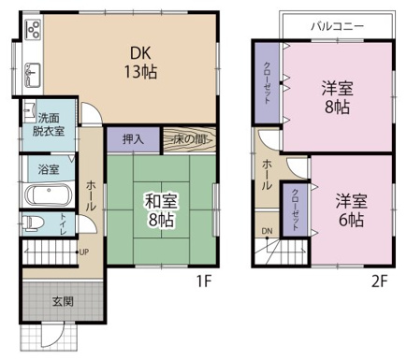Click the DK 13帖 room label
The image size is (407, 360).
(x=140, y=63)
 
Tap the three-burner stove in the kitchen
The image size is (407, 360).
(x=33, y=29)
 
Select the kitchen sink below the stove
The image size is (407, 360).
(x=33, y=75)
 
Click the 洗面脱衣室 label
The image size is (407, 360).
(x=49, y=124)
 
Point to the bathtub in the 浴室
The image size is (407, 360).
(x=49, y=194)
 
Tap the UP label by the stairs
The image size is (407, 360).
(x=84, y=252)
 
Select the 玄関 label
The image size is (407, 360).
(x=63, y=301)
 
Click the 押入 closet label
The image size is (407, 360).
(x=133, y=139)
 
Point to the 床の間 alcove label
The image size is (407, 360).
(x=190, y=139)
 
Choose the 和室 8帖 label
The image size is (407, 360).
(x=161, y=210)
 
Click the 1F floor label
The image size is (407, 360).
(x=204, y=281)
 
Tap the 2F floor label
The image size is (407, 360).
(x=379, y=281)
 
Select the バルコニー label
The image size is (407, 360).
(x=337, y=26)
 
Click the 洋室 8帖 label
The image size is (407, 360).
(x=337, y=97)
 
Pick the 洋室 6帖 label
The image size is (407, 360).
(x=351, y=210)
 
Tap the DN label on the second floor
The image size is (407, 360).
(x=267, y=231)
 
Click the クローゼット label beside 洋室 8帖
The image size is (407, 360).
(x=268, y=83)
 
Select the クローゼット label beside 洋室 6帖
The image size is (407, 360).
(x=295, y=209)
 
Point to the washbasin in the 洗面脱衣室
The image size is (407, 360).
(x=29, y=111)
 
